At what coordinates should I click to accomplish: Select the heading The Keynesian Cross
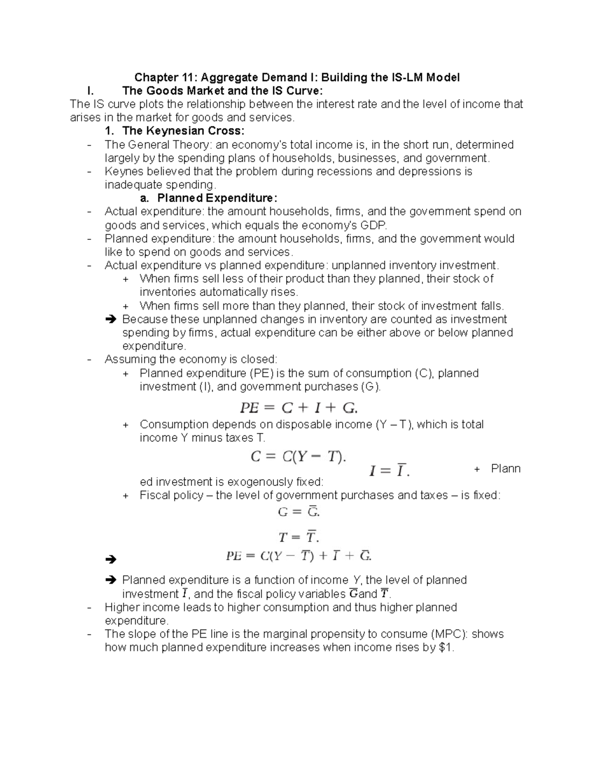[x=183, y=131]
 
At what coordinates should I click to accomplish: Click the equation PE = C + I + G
[x=298, y=408]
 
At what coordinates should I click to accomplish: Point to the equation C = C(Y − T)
[x=298, y=456]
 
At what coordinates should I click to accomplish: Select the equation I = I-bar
[x=389, y=471]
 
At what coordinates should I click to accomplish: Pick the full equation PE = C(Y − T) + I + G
[x=298, y=556]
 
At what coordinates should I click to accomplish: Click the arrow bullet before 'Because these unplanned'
[x=111, y=320]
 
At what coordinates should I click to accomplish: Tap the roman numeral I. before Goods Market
[x=89, y=91]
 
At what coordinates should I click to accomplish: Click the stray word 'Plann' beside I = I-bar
[x=505, y=469]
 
